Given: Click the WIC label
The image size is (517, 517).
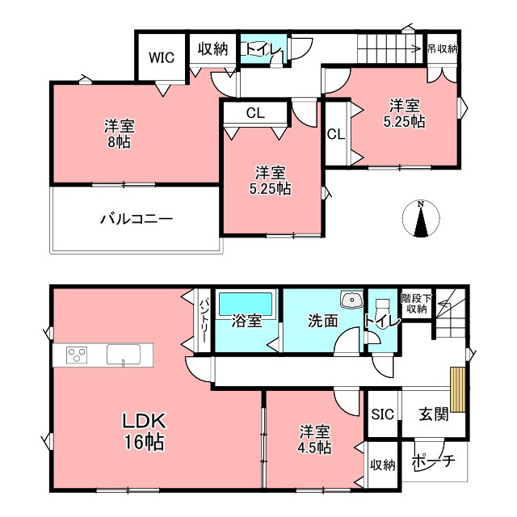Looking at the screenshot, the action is coord(162,57).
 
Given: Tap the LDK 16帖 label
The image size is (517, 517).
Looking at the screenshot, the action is coord(144,431).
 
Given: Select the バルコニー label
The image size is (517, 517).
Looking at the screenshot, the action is coord(137,219).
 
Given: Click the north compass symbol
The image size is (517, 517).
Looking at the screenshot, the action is coord(421,219).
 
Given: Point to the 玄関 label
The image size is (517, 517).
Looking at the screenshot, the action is coord(434,414).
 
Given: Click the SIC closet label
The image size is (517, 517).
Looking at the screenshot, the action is coord(382,414).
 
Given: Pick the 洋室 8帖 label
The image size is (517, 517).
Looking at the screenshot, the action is coord(120,134).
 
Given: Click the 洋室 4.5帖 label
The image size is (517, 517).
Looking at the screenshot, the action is coord(315,439).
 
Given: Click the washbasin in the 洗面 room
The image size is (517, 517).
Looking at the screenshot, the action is coord(352,300).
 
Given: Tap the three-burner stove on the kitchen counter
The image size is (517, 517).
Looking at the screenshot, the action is coord(77,355).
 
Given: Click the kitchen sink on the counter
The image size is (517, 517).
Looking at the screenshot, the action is coord(124,355).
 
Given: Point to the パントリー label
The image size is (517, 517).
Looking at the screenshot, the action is coord(204,320).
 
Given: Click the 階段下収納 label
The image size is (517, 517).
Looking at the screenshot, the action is coord(417,304).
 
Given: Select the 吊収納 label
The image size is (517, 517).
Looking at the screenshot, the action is coord(443,49).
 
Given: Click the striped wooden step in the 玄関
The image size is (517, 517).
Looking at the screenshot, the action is coord(458,389).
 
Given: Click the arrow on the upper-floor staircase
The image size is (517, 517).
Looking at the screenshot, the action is coord(389,49).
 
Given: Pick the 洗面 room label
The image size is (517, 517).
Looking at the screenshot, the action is coord(323,321).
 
